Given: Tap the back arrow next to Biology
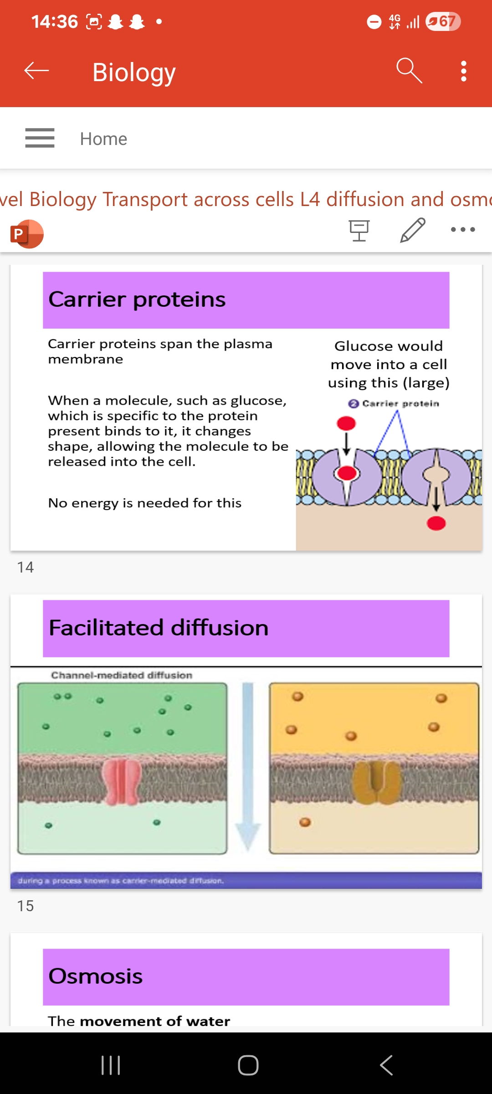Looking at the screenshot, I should tap(36, 71).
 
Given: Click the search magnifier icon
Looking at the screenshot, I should tap(409, 71).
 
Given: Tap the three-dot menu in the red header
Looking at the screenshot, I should tap(463, 71).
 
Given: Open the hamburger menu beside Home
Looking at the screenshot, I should tap(40, 138).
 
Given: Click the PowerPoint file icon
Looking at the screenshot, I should tap(27, 234).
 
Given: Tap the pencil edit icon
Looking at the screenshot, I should tap(413, 230).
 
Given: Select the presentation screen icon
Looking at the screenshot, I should tap(359, 230).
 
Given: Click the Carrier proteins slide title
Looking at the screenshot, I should tap(137, 299).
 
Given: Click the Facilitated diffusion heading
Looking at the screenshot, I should tap(158, 628).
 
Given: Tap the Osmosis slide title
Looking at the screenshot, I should tap(95, 976).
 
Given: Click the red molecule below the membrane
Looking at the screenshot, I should tap(436, 524).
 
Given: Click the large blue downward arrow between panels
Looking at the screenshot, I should tap(247, 766).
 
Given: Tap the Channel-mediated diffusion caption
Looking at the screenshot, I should tap(121, 675).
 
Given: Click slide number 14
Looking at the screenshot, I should tap(25, 567).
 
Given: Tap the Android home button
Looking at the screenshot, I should tap(248, 1065).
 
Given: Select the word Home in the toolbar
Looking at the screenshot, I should tap(103, 139).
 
